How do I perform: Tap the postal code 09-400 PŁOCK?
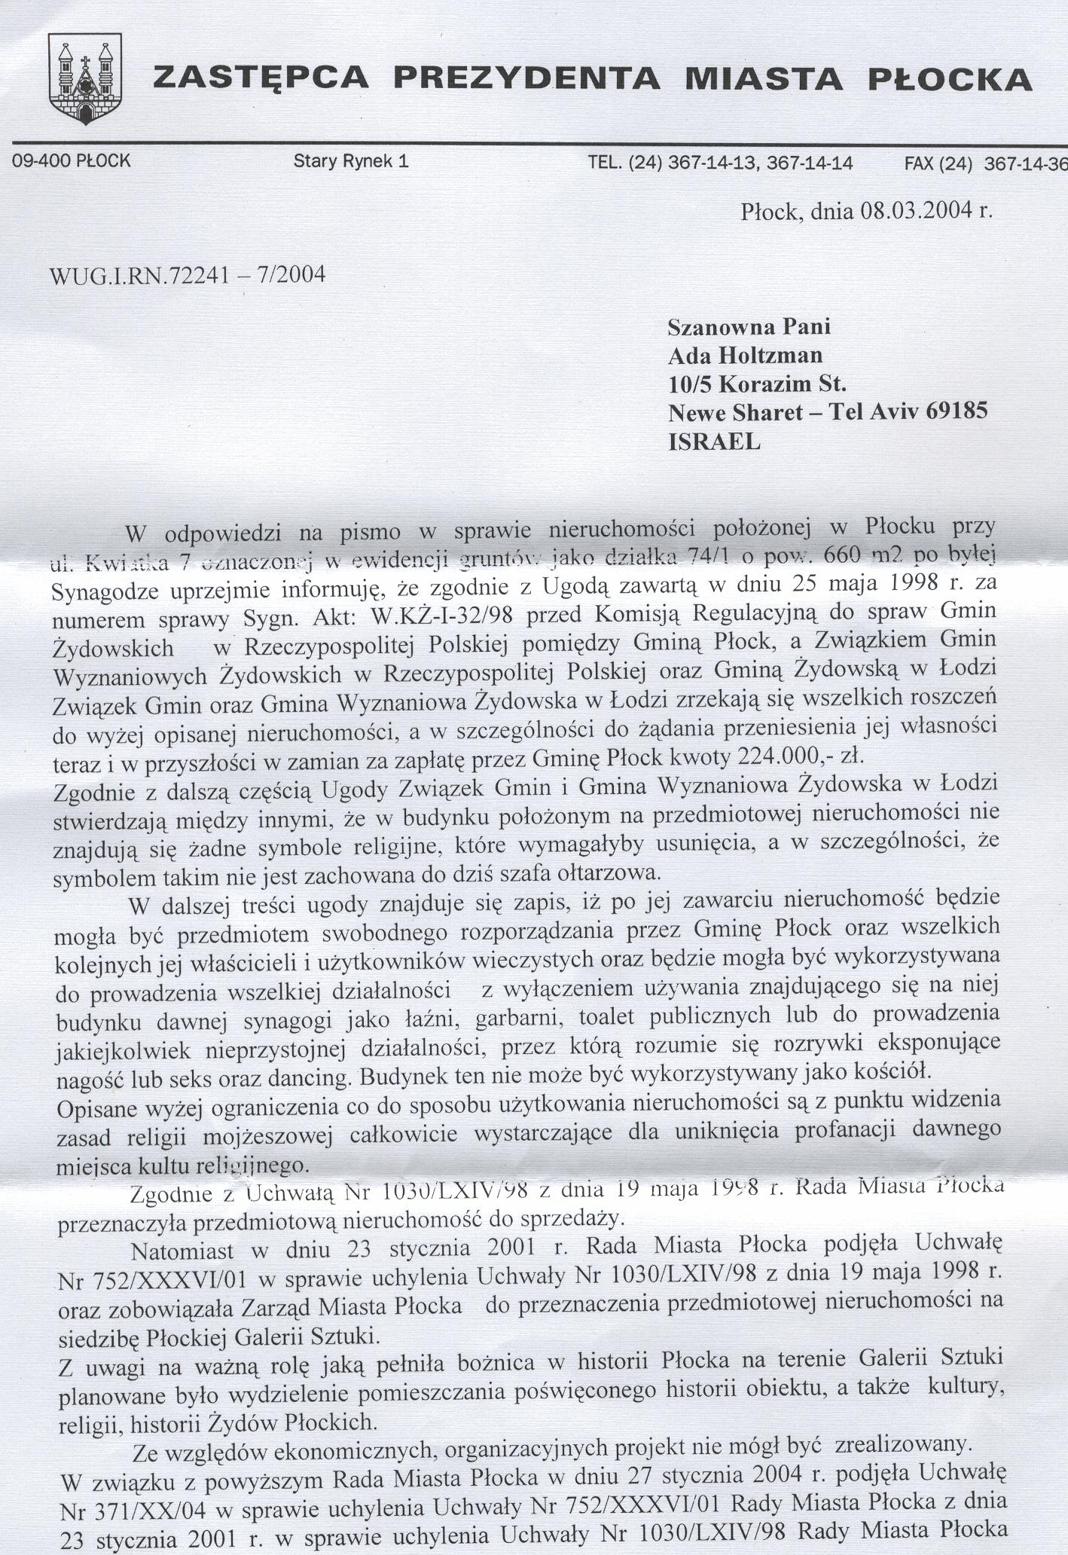[x=67, y=160]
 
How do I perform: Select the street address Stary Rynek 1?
[x=351, y=160]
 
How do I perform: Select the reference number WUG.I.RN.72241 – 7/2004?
[x=188, y=275]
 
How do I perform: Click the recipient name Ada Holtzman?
[x=746, y=355]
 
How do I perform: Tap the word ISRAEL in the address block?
[x=715, y=442]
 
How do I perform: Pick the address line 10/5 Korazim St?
[x=758, y=384]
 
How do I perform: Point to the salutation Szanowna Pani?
[x=749, y=326]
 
